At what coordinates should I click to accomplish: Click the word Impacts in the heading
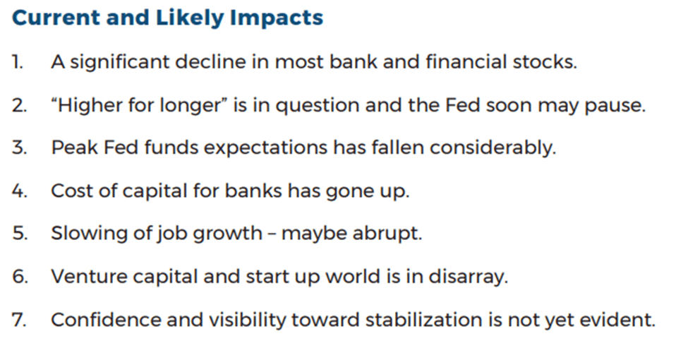click(x=277, y=19)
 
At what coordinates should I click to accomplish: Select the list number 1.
click(x=18, y=62)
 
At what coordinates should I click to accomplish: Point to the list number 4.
click(x=19, y=191)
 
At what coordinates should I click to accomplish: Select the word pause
click(x=615, y=107)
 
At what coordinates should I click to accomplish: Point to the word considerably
click(x=493, y=148)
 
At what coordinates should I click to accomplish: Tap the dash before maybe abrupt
click(x=272, y=234)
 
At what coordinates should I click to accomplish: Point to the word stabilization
click(x=423, y=320)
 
